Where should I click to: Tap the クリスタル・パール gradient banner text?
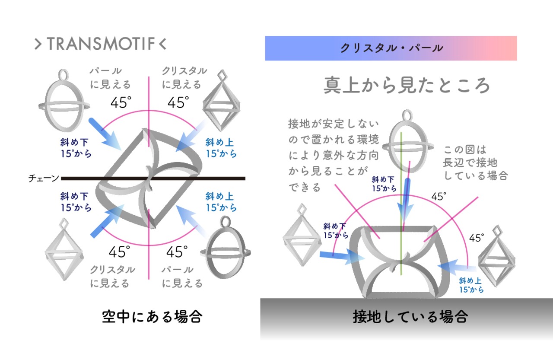click(391, 48)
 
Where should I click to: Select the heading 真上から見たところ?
click(407, 86)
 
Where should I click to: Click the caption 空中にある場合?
click(152, 318)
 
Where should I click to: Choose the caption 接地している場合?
click(410, 318)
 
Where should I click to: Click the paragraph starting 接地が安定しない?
click(334, 156)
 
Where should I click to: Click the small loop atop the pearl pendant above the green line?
click(408, 115)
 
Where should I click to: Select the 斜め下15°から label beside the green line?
click(384, 184)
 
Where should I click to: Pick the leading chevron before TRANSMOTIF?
click(38, 44)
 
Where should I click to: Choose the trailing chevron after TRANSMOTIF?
click(162, 44)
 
